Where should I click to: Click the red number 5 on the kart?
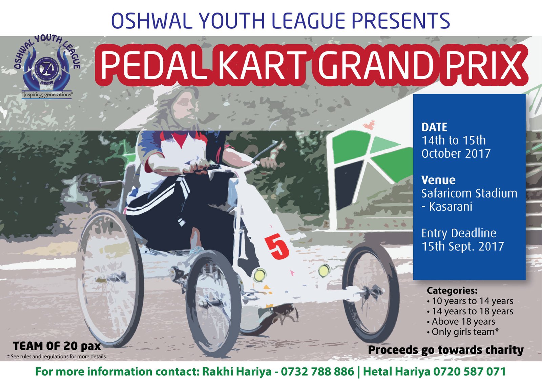[277, 247]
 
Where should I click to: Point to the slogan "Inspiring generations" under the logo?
[47, 94]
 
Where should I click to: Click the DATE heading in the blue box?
[434, 127]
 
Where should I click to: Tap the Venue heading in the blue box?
[438, 180]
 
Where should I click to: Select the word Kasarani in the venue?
[451, 207]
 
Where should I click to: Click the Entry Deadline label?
[459, 233]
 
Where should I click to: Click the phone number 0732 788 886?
[317, 371]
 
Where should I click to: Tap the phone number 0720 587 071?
[470, 371]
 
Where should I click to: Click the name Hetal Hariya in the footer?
[397, 371]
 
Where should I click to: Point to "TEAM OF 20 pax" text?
[57, 346]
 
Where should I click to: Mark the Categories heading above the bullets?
[452, 291]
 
